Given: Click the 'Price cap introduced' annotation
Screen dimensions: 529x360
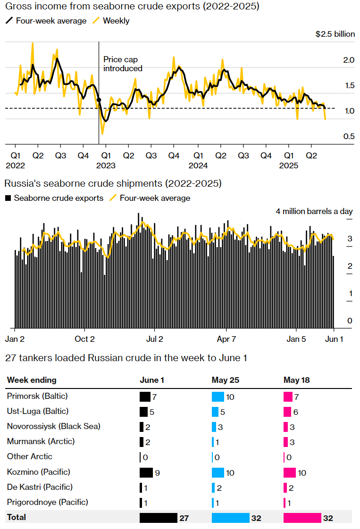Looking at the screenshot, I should point(123,64).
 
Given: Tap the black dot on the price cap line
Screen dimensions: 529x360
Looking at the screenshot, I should point(99,100).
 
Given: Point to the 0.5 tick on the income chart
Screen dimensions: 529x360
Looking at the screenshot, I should point(348,136).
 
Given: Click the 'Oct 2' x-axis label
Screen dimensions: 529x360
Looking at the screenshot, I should point(85,339).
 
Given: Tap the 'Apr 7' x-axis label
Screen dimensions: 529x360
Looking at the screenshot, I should point(226,339).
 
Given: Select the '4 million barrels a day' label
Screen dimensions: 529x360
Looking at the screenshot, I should point(314,211).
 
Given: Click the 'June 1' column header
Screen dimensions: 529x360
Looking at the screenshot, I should point(152,380).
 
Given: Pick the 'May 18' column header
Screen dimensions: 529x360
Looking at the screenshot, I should point(297,380).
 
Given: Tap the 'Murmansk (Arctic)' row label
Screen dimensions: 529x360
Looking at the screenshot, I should point(41,442).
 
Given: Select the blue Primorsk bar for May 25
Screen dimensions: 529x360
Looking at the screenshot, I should point(218,397).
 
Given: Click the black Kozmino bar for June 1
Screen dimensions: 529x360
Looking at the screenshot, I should point(146,472).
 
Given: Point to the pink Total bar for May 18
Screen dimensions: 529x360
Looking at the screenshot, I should point(302,518).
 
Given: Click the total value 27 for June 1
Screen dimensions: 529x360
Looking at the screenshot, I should point(184,518).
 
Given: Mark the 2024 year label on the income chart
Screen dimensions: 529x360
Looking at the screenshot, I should point(198,165).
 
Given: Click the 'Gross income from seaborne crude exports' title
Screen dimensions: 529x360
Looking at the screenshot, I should point(132,7).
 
